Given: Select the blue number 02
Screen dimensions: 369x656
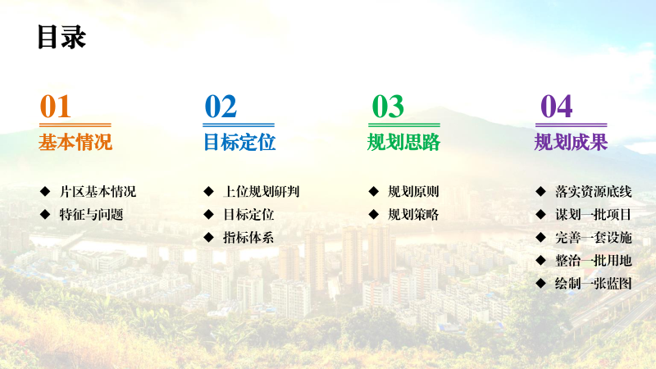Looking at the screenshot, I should (221, 107).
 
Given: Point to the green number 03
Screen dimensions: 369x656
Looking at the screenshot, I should (388, 107).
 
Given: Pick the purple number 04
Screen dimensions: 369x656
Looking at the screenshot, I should (556, 107).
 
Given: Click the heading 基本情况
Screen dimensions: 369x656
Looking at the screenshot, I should (75, 143).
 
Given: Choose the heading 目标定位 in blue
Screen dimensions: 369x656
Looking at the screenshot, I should (239, 143).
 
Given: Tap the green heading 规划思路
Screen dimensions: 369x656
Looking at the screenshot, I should (403, 143).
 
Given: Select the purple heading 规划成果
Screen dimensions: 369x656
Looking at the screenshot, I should (571, 143).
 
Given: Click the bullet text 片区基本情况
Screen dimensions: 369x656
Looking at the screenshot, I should (98, 192).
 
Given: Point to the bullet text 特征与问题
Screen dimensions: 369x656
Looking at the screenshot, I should (92, 215).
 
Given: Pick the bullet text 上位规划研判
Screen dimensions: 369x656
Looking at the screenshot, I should (262, 192).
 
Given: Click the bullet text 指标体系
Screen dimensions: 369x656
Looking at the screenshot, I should (249, 238).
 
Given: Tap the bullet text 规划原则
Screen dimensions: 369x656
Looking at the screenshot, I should (413, 192).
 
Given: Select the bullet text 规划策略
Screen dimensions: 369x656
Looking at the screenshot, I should (413, 215).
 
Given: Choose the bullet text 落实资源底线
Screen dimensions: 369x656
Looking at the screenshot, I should (594, 192).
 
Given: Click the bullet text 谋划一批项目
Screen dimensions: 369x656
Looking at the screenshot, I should (594, 215).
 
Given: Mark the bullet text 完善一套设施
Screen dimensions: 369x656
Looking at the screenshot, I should (594, 238).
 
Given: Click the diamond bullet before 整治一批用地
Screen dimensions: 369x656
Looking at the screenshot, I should (540, 260).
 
